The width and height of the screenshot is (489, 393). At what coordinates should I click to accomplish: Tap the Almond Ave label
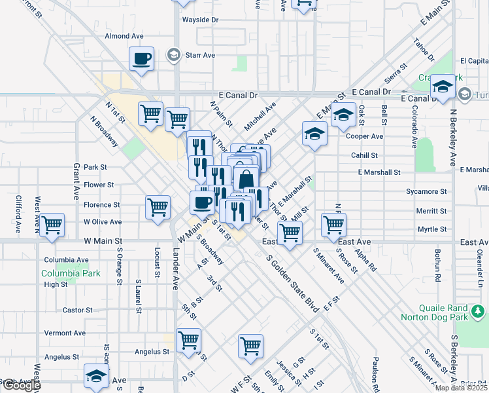(x=124, y=36)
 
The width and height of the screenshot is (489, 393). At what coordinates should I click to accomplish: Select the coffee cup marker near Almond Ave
(x=142, y=59)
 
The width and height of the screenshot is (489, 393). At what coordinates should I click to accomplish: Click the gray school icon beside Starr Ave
(x=173, y=54)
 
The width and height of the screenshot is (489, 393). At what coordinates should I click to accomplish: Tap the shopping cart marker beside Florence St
(x=158, y=207)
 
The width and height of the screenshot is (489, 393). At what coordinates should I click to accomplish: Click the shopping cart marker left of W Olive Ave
(x=52, y=225)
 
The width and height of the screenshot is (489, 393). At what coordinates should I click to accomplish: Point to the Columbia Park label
(x=71, y=273)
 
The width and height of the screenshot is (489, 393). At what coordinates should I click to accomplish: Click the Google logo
(x=21, y=385)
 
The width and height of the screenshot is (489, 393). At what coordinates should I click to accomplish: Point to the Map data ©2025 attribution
(x=461, y=388)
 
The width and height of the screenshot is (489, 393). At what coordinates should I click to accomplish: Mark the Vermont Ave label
(x=65, y=333)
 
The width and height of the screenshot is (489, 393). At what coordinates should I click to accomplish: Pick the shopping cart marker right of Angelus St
(x=188, y=341)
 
